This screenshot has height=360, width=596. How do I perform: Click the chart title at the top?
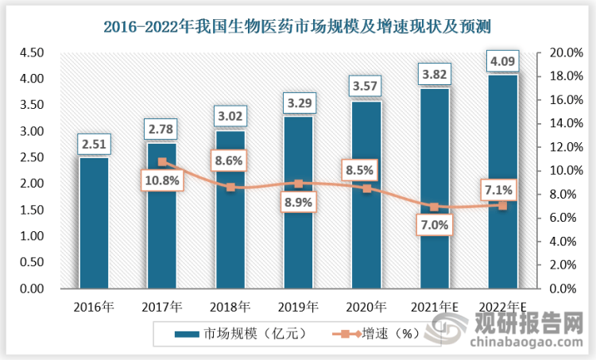(298, 27)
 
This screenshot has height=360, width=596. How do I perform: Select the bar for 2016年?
(94, 223)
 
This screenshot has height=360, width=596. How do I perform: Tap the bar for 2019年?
(298, 203)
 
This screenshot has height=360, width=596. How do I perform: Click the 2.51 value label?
(94, 145)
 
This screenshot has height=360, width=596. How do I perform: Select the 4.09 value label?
(503, 61)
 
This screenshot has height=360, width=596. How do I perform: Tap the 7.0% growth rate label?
(435, 225)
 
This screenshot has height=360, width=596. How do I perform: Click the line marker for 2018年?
(230, 188)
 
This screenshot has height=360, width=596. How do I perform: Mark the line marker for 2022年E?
(503, 205)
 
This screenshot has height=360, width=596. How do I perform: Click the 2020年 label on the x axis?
(366, 305)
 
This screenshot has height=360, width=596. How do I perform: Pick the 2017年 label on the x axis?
(162, 305)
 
